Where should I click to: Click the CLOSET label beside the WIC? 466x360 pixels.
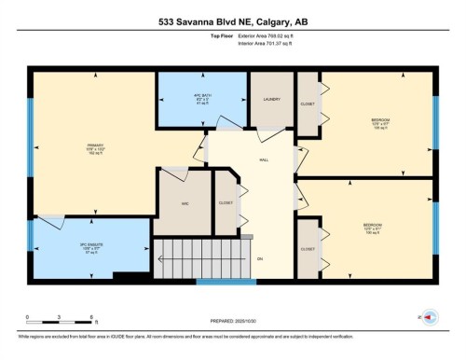pos(225,202)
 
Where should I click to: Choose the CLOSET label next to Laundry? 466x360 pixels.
pos(307,104)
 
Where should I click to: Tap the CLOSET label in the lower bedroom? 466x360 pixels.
pos(307,249)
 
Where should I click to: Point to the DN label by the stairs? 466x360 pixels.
pos(261,257)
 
